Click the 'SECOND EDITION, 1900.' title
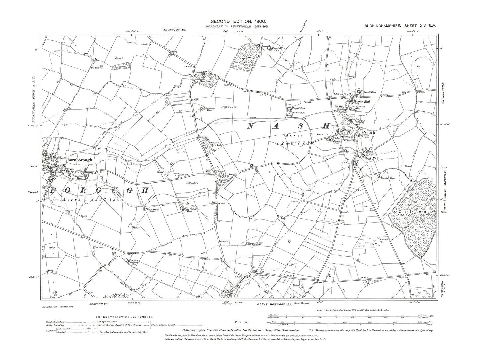(240, 21)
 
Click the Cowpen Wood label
(247, 58)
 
